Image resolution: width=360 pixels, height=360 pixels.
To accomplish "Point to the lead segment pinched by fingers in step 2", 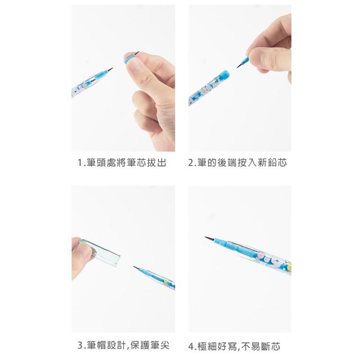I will [243, 61].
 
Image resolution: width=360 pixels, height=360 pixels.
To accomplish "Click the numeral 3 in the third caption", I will [80, 346].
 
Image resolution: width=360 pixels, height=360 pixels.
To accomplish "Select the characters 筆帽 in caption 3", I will [96, 346].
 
